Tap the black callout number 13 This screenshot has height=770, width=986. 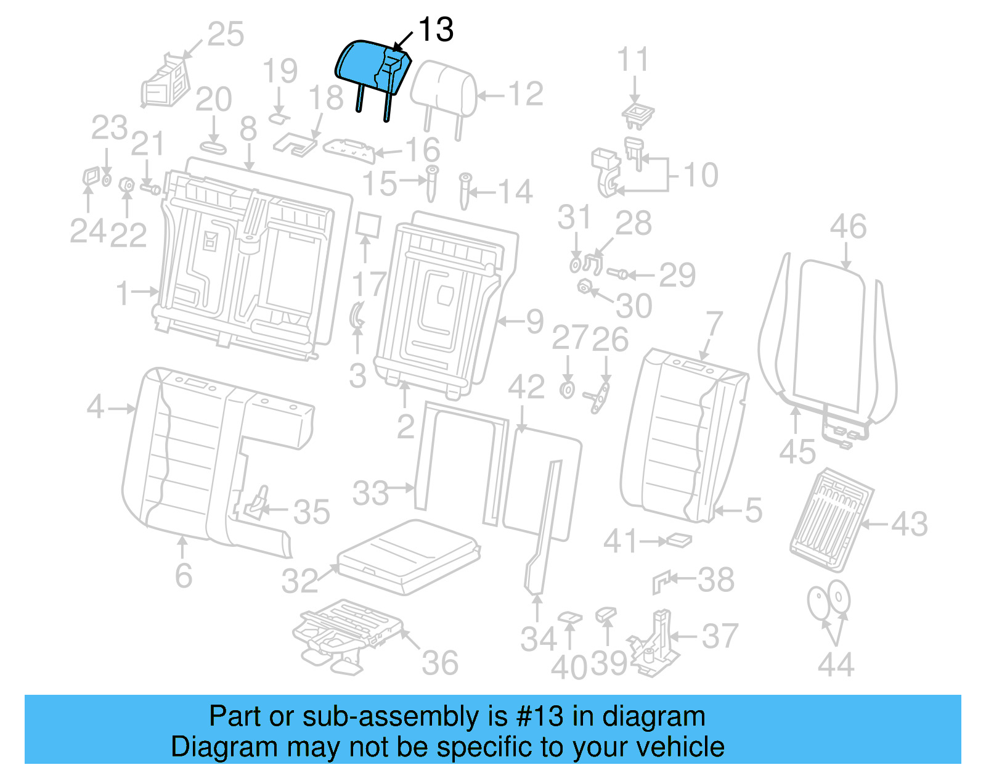click(436, 30)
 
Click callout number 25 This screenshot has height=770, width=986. click(226, 34)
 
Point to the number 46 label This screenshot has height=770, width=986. click(848, 226)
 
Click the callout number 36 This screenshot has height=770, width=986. click(440, 663)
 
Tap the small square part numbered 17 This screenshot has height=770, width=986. click(369, 225)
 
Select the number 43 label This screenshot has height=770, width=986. click(910, 524)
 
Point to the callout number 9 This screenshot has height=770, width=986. click(534, 321)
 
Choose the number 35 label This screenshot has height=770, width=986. click(312, 512)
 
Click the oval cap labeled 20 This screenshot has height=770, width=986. click(213, 148)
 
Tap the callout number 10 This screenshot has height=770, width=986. click(701, 175)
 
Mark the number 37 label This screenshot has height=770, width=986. click(720, 636)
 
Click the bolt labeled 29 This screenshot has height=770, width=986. click(618, 273)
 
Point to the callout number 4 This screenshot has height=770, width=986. click(96, 407)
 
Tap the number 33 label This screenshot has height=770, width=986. click(371, 493)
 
